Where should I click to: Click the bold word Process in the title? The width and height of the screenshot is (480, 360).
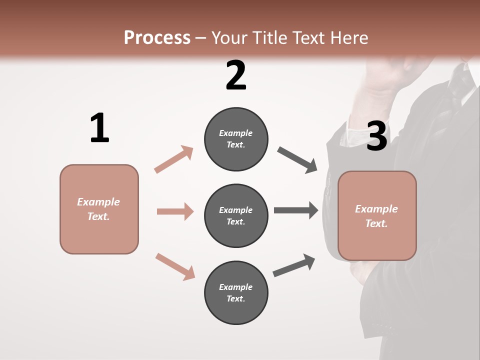click(x=157, y=38)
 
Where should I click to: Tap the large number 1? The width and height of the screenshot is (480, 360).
click(x=99, y=128)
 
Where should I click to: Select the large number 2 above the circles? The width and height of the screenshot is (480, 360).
click(x=236, y=76)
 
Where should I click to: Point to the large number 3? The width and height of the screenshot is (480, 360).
click(x=376, y=136)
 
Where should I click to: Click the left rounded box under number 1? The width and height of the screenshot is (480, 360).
click(x=99, y=209)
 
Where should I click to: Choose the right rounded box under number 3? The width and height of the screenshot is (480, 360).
click(x=377, y=215)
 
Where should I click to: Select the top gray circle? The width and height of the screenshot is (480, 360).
click(x=236, y=139)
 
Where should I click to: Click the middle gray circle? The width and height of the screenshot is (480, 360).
click(x=236, y=215)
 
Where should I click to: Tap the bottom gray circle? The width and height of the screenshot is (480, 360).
click(x=236, y=292)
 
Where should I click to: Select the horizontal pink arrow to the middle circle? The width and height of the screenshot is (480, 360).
click(x=175, y=211)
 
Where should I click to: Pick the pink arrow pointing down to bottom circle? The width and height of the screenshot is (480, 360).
click(x=175, y=266)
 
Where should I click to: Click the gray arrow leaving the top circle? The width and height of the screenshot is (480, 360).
click(x=297, y=160)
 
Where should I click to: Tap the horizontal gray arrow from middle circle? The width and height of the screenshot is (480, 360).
click(x=295, y=210)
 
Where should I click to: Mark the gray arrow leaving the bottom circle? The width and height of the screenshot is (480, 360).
click(x=294, y=265)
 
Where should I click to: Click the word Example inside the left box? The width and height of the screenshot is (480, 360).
click(x=98, y=202)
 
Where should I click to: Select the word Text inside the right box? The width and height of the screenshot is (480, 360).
click(x=376, y=223)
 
